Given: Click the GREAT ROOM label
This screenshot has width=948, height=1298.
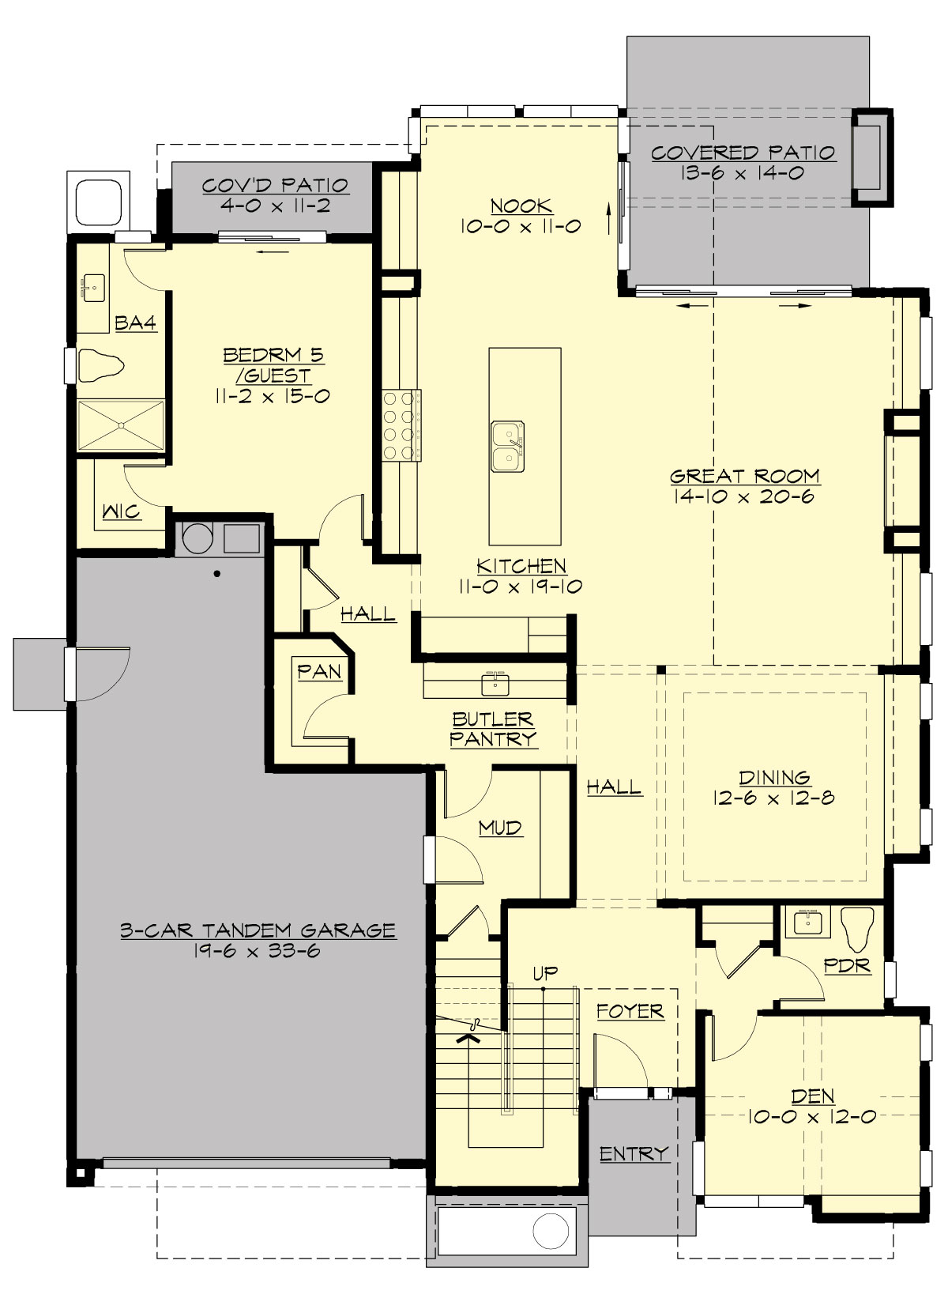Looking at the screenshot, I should [x=744, y=476].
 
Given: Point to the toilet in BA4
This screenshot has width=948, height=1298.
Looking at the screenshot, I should [x=102, y=366].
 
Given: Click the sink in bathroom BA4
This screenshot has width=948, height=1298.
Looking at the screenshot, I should [x=95, y=289].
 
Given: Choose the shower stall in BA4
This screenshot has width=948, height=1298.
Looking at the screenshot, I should [x=121, y=426].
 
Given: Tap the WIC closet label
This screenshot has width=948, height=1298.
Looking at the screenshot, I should [x=122, y=512].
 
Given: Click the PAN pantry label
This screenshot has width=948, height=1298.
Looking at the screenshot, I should [x=319, y=672].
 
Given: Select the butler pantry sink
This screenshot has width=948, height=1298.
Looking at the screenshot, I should [x=495, y=682].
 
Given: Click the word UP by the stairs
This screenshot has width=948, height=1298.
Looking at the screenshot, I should [x=545, y=974].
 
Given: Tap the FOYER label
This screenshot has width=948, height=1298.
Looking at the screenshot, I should [x=630, y=1010].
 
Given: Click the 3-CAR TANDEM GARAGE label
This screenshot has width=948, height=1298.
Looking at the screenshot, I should [x=258, y=930].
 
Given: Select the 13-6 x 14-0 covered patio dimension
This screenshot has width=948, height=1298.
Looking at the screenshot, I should [x=743, y=172].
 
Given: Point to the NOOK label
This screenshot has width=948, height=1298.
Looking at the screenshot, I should [x=521, y=206].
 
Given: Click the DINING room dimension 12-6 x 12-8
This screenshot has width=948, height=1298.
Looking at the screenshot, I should [x=773, y=798].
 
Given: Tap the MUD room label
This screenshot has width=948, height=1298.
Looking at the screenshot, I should [x=500, y=828].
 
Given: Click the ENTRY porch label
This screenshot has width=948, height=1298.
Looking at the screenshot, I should [x=634, y=1154].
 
